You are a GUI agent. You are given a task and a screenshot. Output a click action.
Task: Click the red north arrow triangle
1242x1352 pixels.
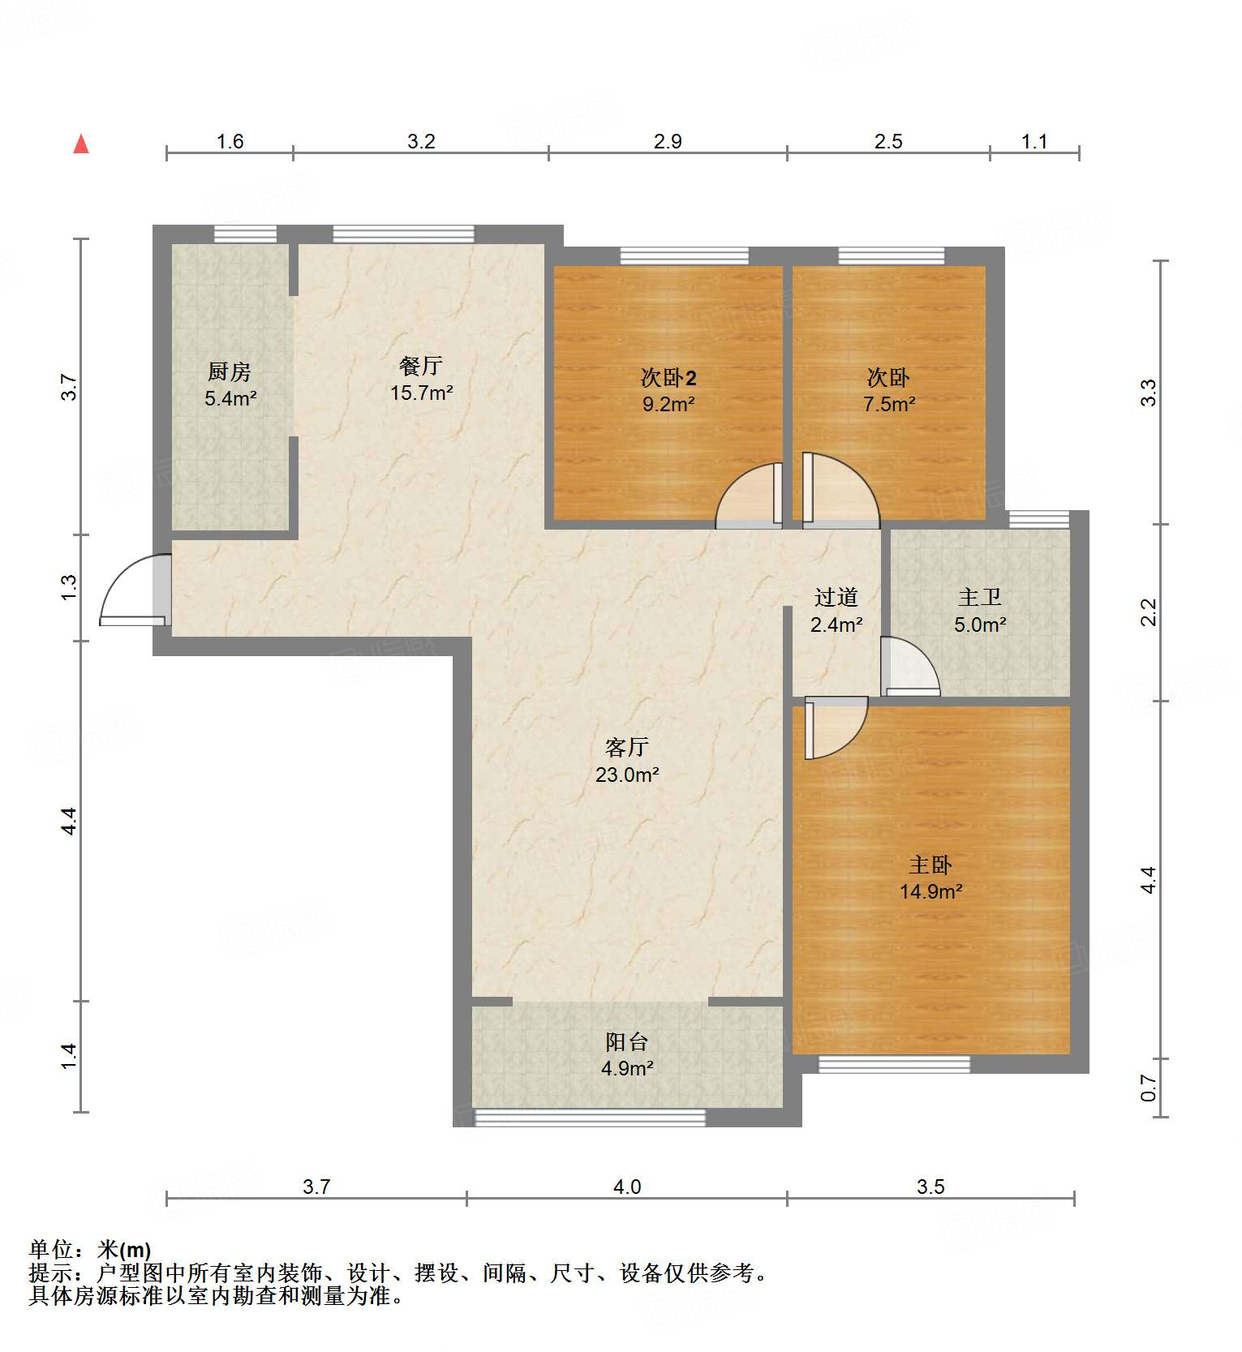pos(81,145)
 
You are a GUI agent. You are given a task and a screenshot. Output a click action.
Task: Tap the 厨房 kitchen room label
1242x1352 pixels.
pos(230,372)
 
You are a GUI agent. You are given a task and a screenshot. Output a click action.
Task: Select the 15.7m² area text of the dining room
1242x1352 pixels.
pos(421,393)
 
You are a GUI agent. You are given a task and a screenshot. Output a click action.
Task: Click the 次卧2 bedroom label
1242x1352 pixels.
pos(668,378)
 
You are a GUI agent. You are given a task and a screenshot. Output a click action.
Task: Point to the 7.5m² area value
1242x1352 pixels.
pos(889,404)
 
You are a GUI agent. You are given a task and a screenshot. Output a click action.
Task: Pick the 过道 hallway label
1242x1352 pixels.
pos(836,598)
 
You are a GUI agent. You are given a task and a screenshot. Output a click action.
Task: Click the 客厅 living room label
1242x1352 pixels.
pos(627,747)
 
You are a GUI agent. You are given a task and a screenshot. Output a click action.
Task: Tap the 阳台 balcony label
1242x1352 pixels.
pos(627,1042)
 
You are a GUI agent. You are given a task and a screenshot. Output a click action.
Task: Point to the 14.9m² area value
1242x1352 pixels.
pos(930,892)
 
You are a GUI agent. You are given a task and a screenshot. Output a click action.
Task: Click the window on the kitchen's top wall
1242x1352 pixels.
pos(245,234)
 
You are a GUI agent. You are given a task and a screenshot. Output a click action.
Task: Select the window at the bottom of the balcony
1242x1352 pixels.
pos(590,1118)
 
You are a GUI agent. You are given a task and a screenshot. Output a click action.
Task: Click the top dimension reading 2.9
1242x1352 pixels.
pos(668,142)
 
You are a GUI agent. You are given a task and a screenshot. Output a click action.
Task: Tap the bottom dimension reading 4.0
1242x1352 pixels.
pos(627,1187)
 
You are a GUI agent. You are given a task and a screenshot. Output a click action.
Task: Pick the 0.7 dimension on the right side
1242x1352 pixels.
pos(1148,1088)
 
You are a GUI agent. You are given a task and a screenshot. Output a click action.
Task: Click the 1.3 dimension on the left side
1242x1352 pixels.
pos(69,587)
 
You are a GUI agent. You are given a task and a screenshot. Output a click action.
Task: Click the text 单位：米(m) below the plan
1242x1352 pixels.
pos(90,1250)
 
